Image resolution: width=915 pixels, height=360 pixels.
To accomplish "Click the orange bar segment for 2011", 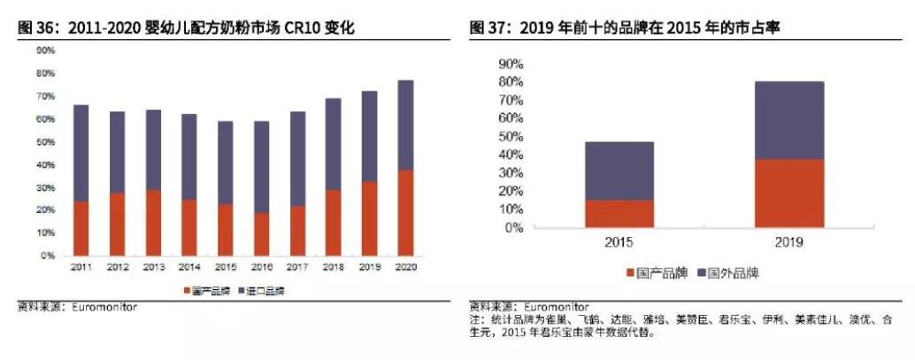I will point(81,228).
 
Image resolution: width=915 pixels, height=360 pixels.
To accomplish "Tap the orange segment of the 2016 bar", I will point(261,234).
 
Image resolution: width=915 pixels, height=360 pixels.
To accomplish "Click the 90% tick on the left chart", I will point(45,50).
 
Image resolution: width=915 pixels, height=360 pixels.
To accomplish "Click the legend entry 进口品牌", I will point(265,290).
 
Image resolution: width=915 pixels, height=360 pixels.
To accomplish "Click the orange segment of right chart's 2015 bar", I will point(619,213).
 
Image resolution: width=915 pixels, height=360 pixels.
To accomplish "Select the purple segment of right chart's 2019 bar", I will point(789,120).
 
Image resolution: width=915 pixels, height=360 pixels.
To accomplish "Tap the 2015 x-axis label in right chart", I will point(619,241).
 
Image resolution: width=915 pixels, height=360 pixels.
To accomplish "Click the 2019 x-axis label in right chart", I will point(789,241).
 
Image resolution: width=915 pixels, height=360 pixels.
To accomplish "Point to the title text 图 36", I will point(36,28).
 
